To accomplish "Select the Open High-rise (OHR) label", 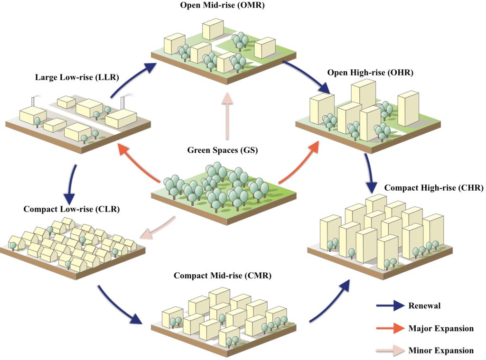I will click(x=370, y=73).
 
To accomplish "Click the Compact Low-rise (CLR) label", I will click(x=72, y=208).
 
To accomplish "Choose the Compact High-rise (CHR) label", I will click(x=434, y=188).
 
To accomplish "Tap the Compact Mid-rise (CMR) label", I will click(x=222, y=275).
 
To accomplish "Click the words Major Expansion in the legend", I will click(x=440, y=328).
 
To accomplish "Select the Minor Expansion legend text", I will click(x=440, y=351).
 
